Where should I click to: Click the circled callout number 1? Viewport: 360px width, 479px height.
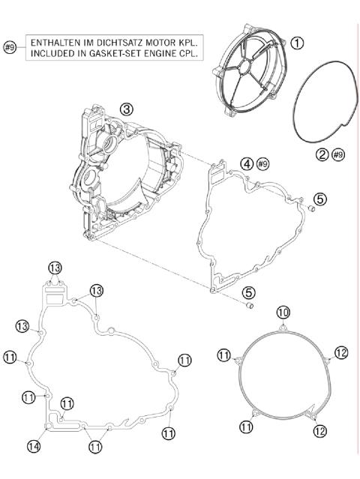coord(298,43)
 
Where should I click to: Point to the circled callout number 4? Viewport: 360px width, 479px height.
coord(246,163)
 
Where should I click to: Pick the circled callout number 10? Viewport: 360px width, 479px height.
coord(281,312)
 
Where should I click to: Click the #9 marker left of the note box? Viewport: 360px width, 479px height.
coord(10,48)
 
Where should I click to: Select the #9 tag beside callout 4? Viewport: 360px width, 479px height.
coord(262,163)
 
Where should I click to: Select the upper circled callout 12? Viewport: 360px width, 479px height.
coord(341,352)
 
